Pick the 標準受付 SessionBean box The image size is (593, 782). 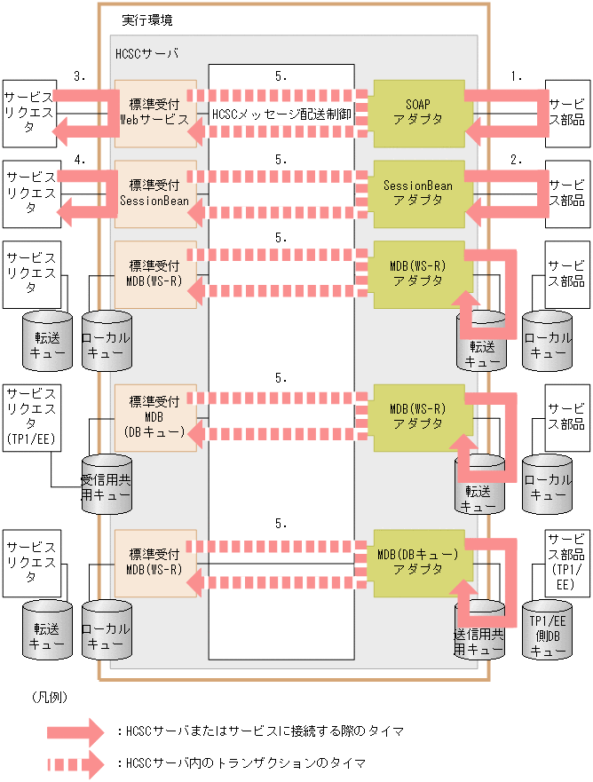click(x=155, y=191)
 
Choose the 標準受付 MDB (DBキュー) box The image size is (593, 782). click(x=155, y=416)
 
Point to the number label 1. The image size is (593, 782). click(x=516, y=76)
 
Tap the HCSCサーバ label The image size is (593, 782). click(x=146, y=53)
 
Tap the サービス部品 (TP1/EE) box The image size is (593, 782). click(x=565, y=562)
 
